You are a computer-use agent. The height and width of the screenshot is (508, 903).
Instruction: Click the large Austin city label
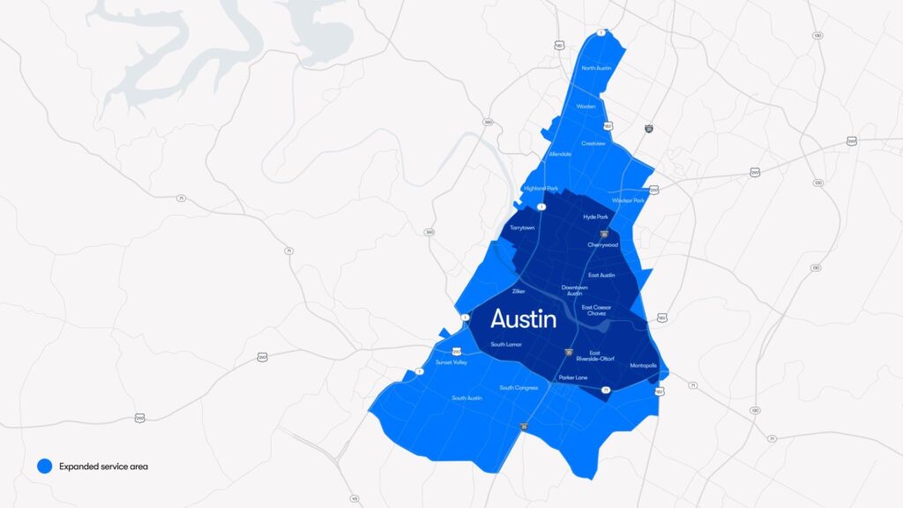click(x=523, y=318)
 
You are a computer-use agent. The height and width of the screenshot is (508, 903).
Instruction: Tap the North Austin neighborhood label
click(x=597, y=68)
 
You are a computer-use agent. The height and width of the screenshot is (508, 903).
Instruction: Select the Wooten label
click(x=586, y=107)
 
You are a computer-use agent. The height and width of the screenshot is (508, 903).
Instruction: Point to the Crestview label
click(x=593, y=143)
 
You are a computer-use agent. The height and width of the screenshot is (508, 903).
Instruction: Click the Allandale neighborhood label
click(x=560, y=154)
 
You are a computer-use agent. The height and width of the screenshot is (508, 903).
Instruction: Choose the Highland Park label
click(x=541, y=188)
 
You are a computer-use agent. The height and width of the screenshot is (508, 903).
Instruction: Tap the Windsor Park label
click(x=628, y=200)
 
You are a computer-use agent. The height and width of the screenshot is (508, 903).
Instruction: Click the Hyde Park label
click(x=596, y=216)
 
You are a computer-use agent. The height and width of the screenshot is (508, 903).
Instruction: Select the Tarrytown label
click(x=522, y=228)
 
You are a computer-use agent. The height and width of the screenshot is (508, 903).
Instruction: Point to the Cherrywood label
click(x=603, y=245)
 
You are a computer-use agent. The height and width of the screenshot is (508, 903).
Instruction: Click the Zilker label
click(x=518, y=290)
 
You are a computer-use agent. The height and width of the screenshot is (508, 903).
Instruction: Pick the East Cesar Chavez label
click(x=596, y=310)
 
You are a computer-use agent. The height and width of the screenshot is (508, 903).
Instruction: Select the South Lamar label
click(x=506, y=344)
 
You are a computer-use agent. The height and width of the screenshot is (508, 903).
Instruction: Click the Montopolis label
click(x=643, y=365)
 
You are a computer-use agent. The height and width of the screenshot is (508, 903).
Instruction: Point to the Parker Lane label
click(x=572, y=378)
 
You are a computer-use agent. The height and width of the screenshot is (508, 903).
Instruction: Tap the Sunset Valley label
click(x=451, y=362)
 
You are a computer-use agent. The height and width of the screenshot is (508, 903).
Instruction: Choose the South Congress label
click(x=519, y=388)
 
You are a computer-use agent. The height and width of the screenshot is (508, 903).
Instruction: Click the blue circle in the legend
click(x=45, y=466)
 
